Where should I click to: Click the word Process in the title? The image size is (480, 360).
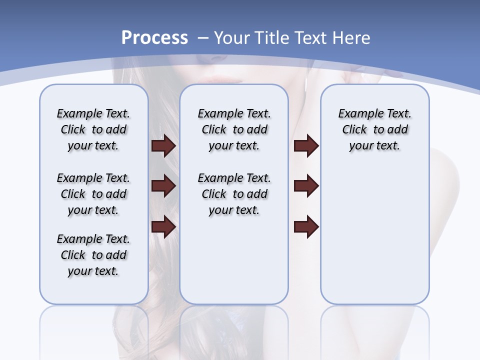click(x=154, y=38)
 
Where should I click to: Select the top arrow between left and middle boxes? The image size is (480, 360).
click(x=163, y=145)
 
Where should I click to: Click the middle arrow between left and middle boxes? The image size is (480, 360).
click(x=163, y=186)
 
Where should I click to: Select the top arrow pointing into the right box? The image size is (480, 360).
click(x=306, y=145)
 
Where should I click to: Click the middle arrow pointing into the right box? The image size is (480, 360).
click(x=306, y=186)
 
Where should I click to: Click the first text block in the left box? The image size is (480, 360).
click(x=93, y=129)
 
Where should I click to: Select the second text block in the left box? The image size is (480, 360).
click(x=93, y=194)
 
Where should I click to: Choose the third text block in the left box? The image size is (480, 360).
click(x=93, y=255)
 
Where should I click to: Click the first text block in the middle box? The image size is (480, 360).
click(x=234, y=129)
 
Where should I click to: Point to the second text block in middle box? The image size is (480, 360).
click(x=234, y=194)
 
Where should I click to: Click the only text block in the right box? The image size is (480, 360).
click(x=374, y=129)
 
